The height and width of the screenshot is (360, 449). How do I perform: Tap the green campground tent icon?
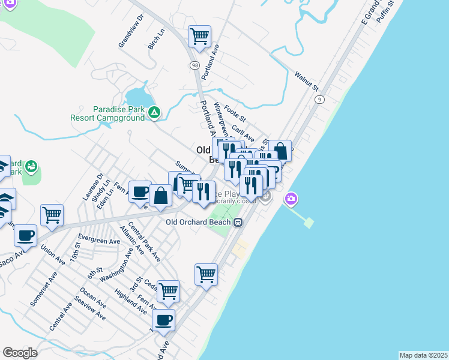pos(154,112)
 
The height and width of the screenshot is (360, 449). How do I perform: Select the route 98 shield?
pos(195,65)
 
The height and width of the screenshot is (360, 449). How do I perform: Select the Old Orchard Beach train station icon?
pos(238,222)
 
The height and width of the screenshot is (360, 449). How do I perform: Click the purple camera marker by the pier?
pos(292,198)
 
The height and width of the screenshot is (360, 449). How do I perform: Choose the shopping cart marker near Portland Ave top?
pos(200,35)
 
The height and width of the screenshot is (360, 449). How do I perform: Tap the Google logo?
pos(20,353)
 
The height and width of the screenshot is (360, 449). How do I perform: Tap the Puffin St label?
pos(384,12)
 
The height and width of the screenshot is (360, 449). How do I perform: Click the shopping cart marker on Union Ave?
pos(52,215)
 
